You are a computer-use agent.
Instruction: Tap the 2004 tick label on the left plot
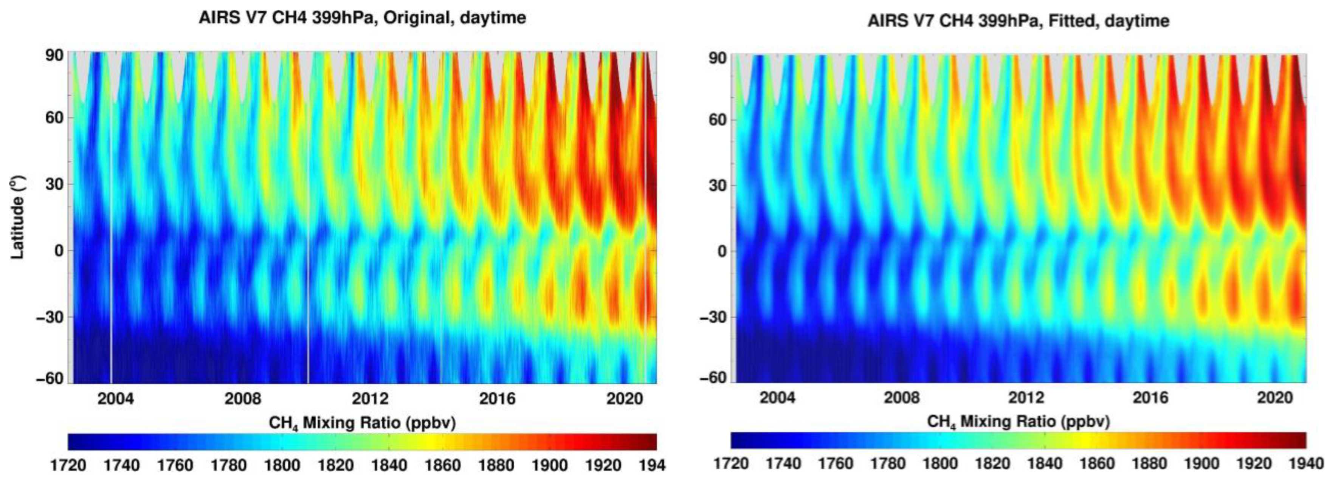115,399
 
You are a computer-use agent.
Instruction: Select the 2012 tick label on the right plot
1026,398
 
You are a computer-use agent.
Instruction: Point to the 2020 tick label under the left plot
625,399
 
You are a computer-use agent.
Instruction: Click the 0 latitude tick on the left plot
58,251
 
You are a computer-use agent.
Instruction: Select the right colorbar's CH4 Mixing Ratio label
1018,421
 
